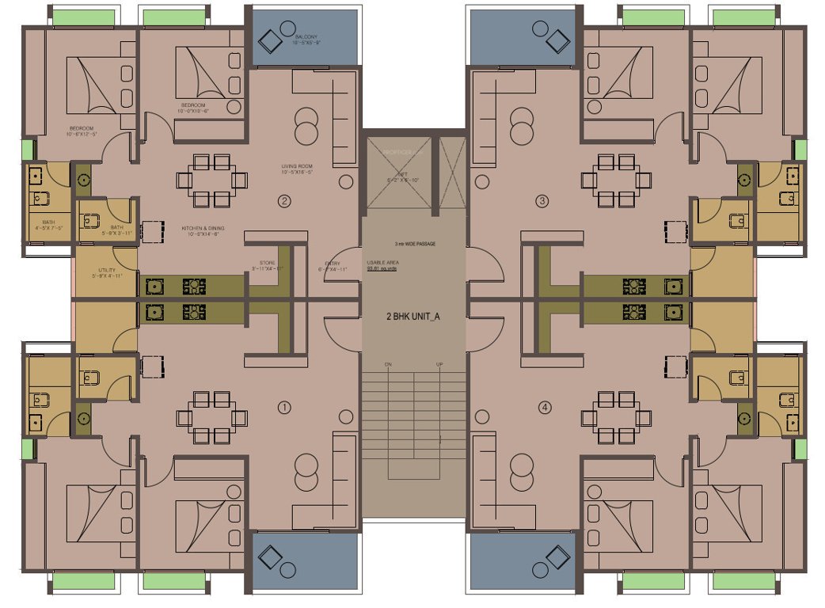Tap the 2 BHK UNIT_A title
pyautogui.click(x=412, y=316)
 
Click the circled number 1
pyautogui.click(x=285, y=408)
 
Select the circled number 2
pyautogui.click(x=285, y=200)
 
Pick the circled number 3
pyautogui.click(x=542, y=200)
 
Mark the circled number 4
pyautogui.click(x=544, y=408)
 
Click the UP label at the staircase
pyautogui.click(x=439, y=364)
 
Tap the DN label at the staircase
pyautogui.click(x=388, y=364)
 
